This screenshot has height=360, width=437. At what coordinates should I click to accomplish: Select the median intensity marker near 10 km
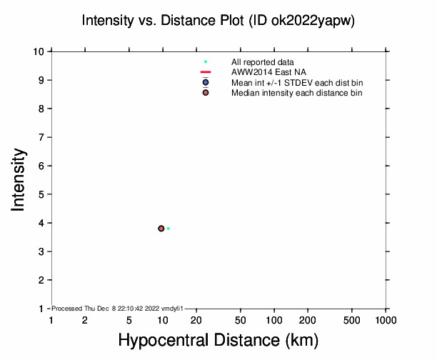click(161, 229)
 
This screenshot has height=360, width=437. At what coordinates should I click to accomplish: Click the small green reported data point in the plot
click(169, 229)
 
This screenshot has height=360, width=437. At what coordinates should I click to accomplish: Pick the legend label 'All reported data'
click(261, 62)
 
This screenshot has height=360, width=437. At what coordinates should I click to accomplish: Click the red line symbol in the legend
click(205, 73)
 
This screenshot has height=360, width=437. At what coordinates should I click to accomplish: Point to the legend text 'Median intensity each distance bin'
click(297, 93)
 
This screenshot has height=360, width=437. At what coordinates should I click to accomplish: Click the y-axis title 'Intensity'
click(19, 179)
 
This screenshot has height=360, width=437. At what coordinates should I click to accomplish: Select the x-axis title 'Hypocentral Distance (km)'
click(218, 341)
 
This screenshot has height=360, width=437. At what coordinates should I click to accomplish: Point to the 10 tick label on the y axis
click(40, 51)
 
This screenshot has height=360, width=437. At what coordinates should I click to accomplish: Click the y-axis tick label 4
click(43, 223)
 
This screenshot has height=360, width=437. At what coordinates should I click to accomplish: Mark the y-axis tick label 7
click(43, 137)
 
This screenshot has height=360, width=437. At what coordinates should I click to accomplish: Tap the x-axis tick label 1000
click(386, 321)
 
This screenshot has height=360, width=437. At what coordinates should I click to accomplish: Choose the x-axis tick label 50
click(241, 321)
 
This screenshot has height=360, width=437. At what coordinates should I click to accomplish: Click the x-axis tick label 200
click(308, 321)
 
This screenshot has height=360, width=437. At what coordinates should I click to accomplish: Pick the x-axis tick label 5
click(129, 321)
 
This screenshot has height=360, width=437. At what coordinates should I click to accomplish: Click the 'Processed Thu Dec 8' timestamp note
click(118, 308)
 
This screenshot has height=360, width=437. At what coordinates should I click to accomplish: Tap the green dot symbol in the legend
click(205, 62)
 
